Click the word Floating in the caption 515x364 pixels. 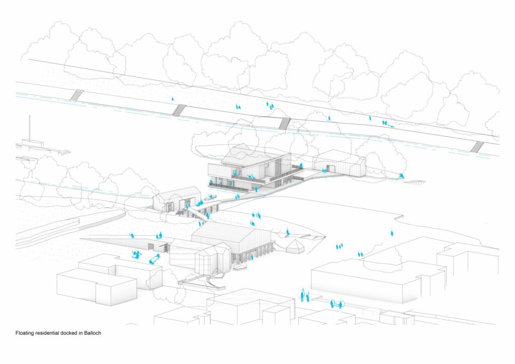click(x=25, y=333)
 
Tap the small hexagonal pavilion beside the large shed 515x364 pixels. click(x=294, y=245)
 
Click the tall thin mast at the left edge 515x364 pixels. click(x=29, y=128)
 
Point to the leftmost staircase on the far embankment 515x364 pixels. click(x=76, y=95)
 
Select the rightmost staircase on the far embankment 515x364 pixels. click(x=477, y=146)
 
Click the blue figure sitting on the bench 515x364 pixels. click(x=154, y=258)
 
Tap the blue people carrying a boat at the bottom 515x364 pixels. click(x=337, y=303)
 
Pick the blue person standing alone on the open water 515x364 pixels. click(x=391, y=233)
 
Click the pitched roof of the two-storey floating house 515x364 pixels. click(x=249, y=155)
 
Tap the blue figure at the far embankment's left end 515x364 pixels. click(x=173, y=99)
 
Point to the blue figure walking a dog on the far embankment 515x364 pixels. click(x=386, y=122)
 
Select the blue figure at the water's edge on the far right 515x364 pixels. click(x=401, y=175)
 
